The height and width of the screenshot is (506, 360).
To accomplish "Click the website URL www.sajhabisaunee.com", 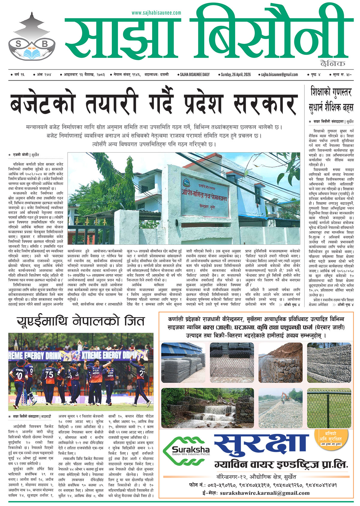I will pyautogui.click(x=156, y=13).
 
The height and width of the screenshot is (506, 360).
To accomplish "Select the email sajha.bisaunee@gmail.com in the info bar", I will pyautogui.click(x=279, y=74).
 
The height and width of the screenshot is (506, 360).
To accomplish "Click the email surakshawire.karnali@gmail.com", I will pyautogui.click(x=265, y=493).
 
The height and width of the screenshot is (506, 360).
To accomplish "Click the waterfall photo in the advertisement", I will pyautogui.click(x=207, y=408).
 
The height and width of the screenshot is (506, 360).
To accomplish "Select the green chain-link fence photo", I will pyautogui.click(x=329, y=408).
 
